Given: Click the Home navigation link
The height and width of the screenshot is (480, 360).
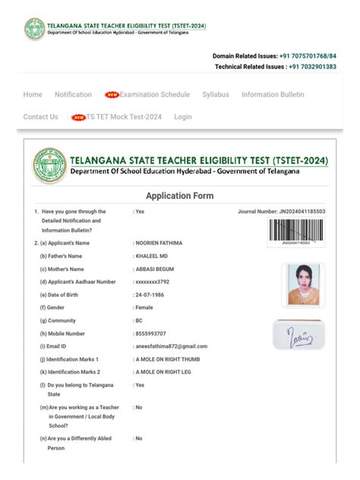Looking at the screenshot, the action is point(33,94).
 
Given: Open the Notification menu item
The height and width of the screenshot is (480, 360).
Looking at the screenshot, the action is point(73,94).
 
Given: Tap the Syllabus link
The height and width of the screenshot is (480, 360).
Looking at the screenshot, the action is point(215,94).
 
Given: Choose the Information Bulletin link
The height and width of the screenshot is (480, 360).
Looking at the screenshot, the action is point(273,94).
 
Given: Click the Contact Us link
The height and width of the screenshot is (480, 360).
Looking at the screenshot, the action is point(40,117).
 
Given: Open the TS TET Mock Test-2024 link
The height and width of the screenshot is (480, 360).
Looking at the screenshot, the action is point(123,117).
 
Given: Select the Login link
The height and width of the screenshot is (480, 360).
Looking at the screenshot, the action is point(182,117).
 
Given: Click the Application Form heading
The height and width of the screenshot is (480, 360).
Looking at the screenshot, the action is point(179,195).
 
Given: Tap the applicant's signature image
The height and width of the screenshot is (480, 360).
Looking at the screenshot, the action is point(298,333).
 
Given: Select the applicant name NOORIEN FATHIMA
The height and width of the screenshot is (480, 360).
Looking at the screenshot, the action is point(159,243).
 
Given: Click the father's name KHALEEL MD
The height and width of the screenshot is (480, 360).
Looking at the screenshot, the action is point(153,256).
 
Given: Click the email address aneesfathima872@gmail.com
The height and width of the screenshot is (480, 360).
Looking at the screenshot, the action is point(171,346).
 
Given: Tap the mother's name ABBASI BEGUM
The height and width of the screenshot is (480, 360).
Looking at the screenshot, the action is point(156,269).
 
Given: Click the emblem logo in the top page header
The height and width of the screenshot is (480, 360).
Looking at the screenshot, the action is point(33,29).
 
